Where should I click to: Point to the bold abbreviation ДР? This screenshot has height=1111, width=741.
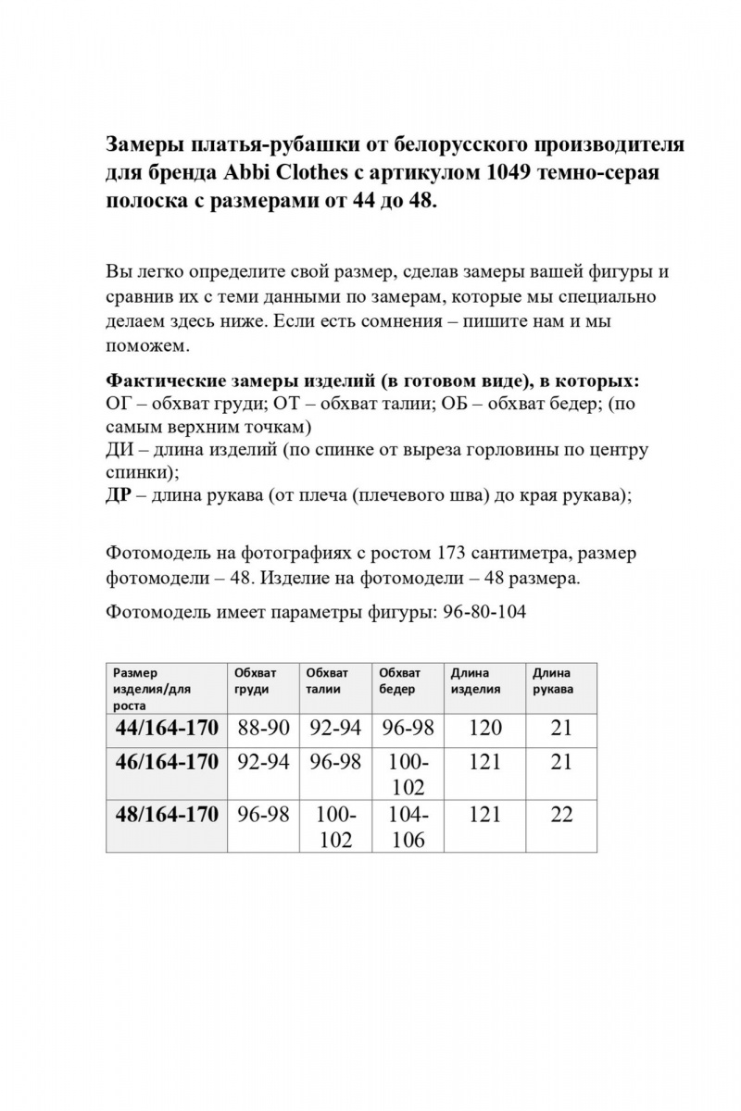click(120, 493)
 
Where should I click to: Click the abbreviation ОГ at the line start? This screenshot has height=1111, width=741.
click(120, 405)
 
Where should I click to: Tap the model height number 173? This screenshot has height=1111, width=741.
click(446, 555)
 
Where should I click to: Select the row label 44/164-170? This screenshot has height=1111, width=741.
click(167, 728)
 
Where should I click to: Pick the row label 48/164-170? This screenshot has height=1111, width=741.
click(167, 815)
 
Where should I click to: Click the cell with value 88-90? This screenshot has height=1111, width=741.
click(263, 728)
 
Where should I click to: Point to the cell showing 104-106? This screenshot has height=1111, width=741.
click(408, 827)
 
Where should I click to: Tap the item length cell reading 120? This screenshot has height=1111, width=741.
click(485, 728)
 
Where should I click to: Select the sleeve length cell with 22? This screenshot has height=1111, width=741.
click(561, 815)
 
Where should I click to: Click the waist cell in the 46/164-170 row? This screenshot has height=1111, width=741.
click(335, 762)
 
